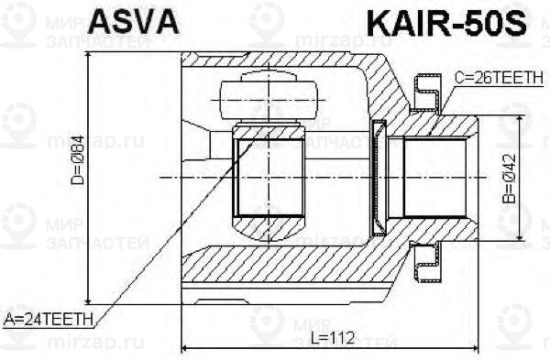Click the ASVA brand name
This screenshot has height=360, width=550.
pyautogui.click(x=132, y=22)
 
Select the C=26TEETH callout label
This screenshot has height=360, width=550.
pyautogui.click(x=498, y=81)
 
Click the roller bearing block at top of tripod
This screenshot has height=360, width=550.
pyautogui.click(x=269, y=94)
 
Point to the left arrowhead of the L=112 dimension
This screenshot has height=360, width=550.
pyautogui.click(x=186, y=348)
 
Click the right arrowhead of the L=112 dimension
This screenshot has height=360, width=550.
pyautogui.click(x=474, y=348)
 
